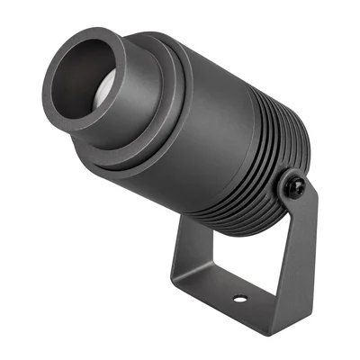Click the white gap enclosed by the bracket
[238, 252]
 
